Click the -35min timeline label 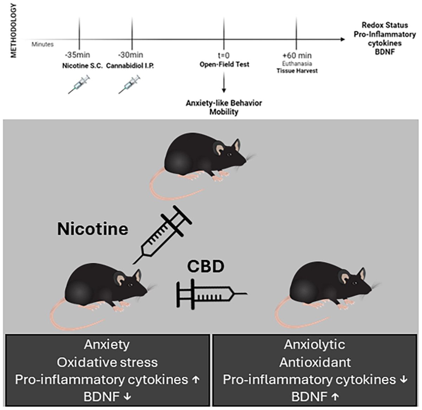click(77, 55)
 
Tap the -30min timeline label click(130, 55)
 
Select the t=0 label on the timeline click(224, 55)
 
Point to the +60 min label click(297, 55)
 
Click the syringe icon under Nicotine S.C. click(79, 84)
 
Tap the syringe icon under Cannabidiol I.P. click(129, 84)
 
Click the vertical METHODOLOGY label click(13, 31)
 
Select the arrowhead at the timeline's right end click(343, 39)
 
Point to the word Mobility click(224, 112)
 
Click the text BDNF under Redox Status click(385, 52)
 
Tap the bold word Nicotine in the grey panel click(92, 229)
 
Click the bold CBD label click(206, 266)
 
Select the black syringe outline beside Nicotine click(162, 235)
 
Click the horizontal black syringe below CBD click(212, 294)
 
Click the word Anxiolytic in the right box click(314, 344)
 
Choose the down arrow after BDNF click(127, 397)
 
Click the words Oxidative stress click(107, 362)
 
